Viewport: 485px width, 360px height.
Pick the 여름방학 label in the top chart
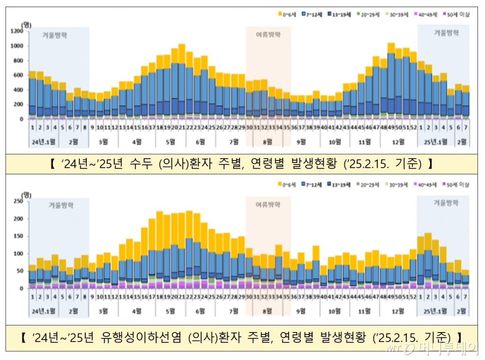click(268, 35)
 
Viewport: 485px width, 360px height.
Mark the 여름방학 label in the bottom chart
click(268, 205)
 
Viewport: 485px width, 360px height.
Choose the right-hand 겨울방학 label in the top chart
click(446, 33)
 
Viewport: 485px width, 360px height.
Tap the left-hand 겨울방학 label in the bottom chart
click(59, 205)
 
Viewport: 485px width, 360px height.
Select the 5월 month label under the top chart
click(171, 142)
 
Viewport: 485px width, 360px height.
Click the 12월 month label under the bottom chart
click(398, 311)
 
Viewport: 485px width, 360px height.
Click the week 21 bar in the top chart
click(181, 81)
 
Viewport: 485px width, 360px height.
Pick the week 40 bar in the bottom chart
click(323, 277)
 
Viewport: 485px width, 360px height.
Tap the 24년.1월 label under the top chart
click(44, 142)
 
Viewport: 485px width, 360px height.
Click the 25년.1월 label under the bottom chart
click(432, 311)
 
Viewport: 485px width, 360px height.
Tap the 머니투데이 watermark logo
click(440, 349)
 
